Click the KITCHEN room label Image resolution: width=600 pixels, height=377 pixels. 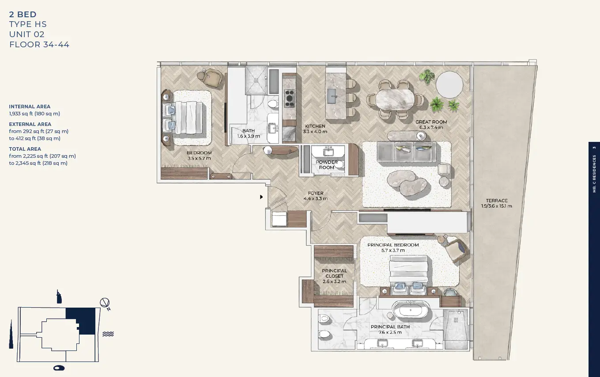click(315, 126)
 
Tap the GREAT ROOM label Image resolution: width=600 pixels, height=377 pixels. click(431, 122)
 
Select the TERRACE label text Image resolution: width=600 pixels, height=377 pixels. click(497, 201)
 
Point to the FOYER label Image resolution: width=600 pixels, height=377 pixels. click(316, 193)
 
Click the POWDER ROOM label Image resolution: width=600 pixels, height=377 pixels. click(327, 165)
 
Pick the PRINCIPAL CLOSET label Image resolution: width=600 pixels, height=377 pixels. click(334, 273)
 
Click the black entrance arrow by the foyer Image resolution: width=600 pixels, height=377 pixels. click(261, 197)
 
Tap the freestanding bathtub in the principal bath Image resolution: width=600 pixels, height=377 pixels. click(411, 310)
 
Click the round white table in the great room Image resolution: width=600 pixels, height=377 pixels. click(449, 85)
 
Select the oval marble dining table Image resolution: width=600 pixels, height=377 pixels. click(395, 99)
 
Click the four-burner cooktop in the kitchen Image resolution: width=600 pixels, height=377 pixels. click(289, 99)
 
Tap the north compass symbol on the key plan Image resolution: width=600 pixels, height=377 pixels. click(105, 303)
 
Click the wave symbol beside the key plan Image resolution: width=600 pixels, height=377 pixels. click(108, 334)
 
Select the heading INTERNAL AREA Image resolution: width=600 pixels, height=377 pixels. click(30, 107)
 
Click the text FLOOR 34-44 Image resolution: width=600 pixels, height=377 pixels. click(39, 45)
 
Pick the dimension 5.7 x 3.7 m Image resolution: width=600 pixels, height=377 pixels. click(393, 251)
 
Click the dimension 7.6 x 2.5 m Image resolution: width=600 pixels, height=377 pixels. click(390, 332)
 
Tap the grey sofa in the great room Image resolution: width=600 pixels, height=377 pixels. click(407, 152)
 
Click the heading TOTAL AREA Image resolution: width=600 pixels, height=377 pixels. click(25, 149)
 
